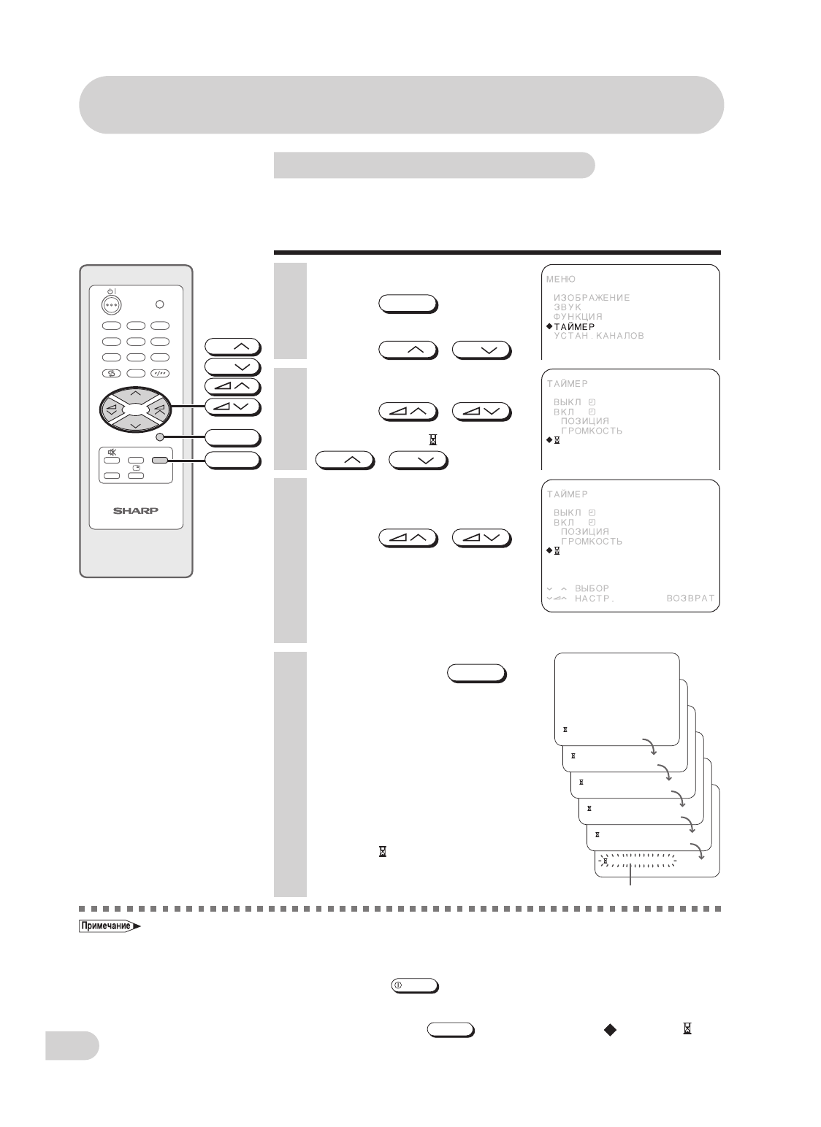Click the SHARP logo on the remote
tap(136, 510)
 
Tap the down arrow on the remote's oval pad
tap(136, 425)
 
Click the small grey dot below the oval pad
tap(160, 437)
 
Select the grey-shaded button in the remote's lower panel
tap(159, 461)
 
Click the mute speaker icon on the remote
tap(112, 452)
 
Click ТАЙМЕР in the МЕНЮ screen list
tap(574, 326)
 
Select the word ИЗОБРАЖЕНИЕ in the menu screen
tap(591, 298)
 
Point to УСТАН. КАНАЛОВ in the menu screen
tap(598, 336)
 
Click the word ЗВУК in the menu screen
tap(568, 307)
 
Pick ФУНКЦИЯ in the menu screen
tap(577, 317)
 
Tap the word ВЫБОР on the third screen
tap(592, 588)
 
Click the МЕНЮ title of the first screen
tap(561, 279)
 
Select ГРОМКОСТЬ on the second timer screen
tap(591, 431)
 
